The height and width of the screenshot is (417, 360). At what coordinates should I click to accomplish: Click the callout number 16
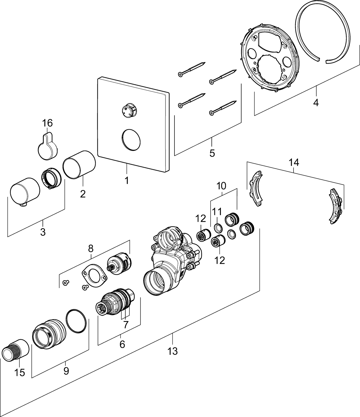(x=47, y=123)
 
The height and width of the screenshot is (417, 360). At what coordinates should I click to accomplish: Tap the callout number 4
(x=315, y=103)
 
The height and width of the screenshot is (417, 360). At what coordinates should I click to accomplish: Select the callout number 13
(x=172, y=351)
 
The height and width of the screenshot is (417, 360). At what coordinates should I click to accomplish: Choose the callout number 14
(x=294, y=162)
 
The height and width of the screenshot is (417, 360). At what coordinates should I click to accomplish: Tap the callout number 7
(x=126, y=324)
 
